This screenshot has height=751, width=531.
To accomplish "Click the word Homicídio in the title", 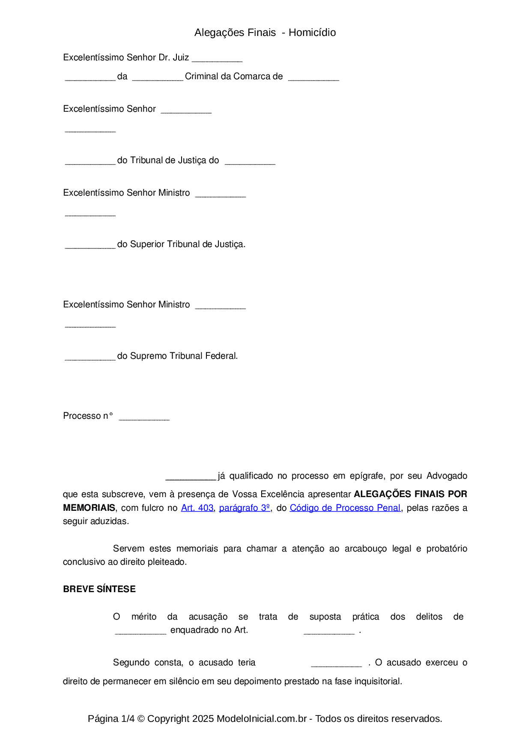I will pos(312,33).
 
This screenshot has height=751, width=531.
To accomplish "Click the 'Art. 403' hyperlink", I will pos(197,508).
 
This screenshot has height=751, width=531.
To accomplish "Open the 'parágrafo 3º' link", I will pos(245,508).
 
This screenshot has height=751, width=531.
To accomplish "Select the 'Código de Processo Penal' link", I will pos(345,508).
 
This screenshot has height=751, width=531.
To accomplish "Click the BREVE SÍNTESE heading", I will pos(99,589).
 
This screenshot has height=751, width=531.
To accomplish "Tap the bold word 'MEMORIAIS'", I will pos(89,508).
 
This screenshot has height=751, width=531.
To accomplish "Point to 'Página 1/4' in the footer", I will pos(111,719).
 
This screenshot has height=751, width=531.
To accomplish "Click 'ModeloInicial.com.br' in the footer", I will pos(262,719).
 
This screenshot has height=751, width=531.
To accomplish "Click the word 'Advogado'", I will pos(447,476).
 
